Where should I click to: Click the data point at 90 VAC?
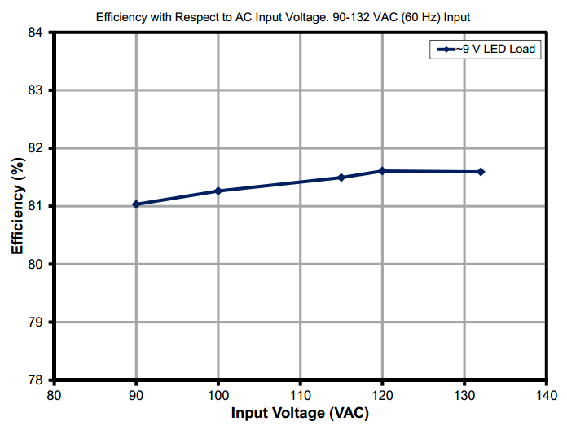(x=136, y=204)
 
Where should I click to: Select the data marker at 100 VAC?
(x=218, y=191)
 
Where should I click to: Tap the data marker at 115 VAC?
(x=341, y=178)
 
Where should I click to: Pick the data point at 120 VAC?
(x=382, y=171)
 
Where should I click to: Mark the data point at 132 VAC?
(x=481, y=172)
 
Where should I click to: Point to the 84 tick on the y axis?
(x=37, y=33)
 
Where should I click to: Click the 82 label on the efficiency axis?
(x=37, y=148)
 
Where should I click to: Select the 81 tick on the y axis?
(x=37, y=206)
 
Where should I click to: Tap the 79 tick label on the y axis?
(x=37, y=322)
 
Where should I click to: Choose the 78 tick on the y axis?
(x=37, y=380)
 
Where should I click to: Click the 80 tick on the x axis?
(x=54, y=396)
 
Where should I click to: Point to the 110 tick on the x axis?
(x=301, y=396)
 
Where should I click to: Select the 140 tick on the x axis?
(x=547, y=396)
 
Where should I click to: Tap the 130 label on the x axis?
(x=464, y=396)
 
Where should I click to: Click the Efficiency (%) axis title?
(x=16, y=207)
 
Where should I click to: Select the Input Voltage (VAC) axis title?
(x=300, y=414)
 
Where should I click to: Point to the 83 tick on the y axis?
(x=37, y=90)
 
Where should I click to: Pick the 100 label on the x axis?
(x=218, y=396)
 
